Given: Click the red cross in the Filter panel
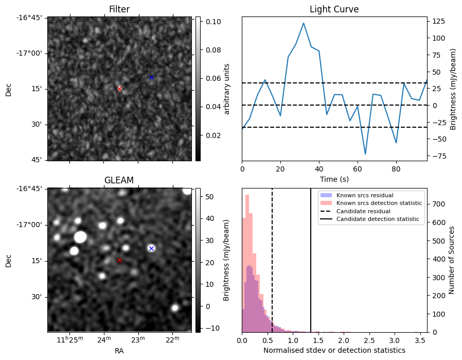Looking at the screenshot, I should point(119,89).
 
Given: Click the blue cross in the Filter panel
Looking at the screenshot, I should point(151,77).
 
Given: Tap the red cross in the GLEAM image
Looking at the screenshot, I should point(119,260).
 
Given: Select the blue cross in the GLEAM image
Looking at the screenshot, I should point(151,248).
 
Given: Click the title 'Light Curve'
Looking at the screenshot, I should point(334,9).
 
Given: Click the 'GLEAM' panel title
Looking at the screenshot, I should point(119,180).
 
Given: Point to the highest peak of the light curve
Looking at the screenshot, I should point(304,23).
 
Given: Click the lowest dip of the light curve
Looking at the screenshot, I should point(365,154).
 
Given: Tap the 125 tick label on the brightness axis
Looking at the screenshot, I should point(439,22).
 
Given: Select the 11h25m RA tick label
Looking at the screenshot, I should point(69,339).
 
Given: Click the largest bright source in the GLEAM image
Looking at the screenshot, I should point(80,237).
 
